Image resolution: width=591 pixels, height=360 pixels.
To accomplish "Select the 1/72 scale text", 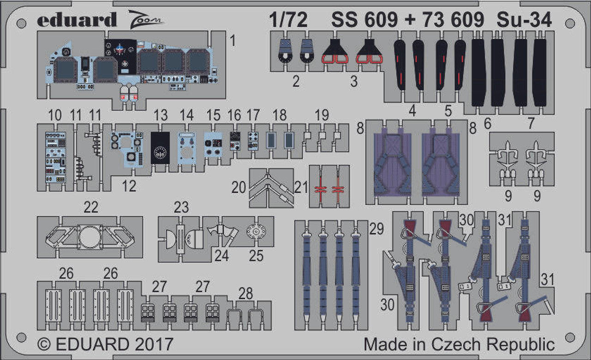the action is point(288,20).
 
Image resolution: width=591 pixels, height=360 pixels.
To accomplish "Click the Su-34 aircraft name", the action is point(524,20).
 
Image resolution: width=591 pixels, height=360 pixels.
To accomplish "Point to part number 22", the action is point(91,207).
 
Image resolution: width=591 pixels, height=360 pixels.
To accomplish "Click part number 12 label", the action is point(129,186).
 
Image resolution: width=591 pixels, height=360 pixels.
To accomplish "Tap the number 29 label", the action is point(376,229).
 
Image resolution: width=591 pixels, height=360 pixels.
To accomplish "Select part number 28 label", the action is point(246,293).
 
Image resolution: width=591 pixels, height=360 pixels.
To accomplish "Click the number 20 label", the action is point(239,187).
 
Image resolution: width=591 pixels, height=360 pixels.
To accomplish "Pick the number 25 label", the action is point(256,256).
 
